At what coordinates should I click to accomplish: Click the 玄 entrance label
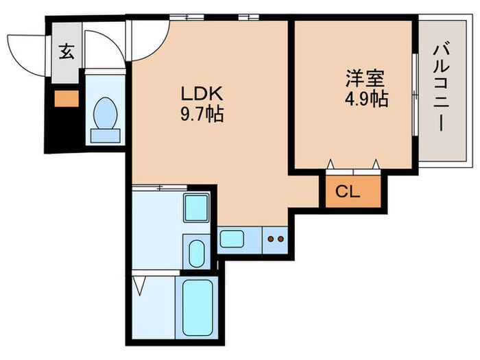65,52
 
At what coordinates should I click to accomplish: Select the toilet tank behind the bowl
104,134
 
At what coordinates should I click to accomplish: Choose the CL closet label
348,191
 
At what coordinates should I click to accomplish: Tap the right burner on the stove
280,239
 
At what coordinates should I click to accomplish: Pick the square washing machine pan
197,208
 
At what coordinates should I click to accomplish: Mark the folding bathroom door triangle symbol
141,285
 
